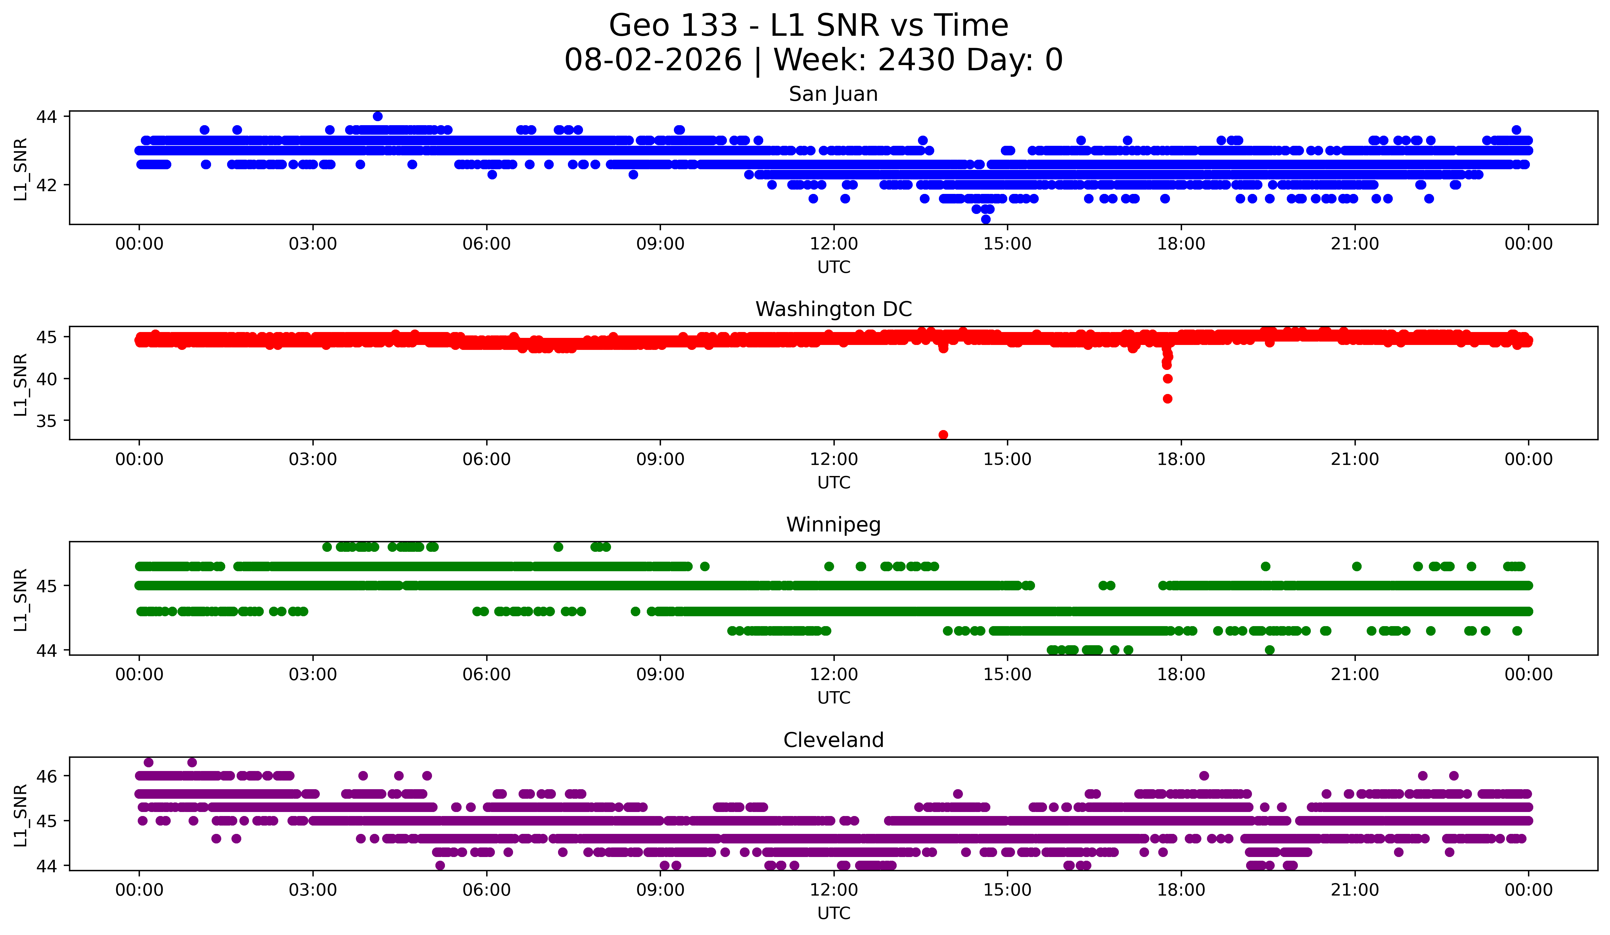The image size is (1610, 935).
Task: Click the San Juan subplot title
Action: tap(833, 94)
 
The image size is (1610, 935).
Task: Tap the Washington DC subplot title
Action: tap(833, 309)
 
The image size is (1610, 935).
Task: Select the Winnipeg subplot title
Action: tap(833, 525)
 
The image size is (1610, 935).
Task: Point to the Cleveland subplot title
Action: tap(833, 740)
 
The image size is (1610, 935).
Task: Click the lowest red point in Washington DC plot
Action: tap(943, 435)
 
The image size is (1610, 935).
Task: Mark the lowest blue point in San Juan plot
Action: tap(986, 219)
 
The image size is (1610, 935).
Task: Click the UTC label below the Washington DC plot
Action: tap(834, 482)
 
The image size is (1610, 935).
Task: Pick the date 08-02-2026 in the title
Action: tap(653, 60)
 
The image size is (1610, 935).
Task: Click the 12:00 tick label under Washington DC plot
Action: tap(834, 459)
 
